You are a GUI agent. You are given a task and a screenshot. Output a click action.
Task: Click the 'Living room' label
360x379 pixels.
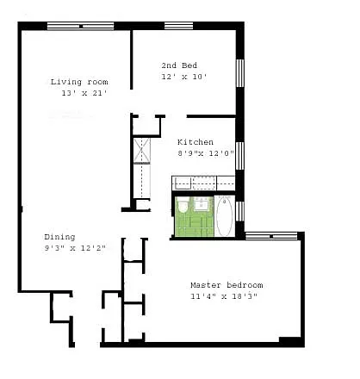pyautogui.click(x=79, y=82)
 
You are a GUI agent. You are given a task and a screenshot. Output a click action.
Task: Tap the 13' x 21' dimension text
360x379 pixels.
pyautogui.click(x=84, y=93)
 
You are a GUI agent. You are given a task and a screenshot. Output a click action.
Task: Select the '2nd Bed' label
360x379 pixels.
pyautogui.click(x=179, y=65)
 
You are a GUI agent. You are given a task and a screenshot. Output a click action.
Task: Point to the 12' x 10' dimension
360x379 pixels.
pyautogui.click(x=184, y=77)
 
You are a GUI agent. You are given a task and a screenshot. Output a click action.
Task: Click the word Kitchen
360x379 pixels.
pyautogui.click(x=196, y=142)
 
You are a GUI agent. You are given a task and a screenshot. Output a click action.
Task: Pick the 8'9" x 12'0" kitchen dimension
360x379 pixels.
pyautogui.click(x=206, y=153)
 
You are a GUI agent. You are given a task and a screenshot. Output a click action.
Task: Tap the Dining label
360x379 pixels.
pyautogui.click(x=59, y=238)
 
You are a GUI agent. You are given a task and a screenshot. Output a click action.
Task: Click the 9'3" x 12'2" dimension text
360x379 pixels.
pyautogui.click(x=75, y=248)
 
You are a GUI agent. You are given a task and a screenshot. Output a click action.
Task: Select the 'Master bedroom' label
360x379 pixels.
pyautogui.click(x=227, y=285)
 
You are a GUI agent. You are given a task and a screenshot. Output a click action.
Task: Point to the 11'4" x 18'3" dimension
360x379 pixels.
pyautogui.click(x=224, y=296)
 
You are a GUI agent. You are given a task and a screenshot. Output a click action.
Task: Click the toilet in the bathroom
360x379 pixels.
pyautogui.click(x=182, y=205)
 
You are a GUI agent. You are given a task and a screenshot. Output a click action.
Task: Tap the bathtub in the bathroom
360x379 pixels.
pyautogui.click(x=224, y=217)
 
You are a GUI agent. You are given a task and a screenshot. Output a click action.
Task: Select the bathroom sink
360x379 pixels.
pyautogui.click(x=202, y=203)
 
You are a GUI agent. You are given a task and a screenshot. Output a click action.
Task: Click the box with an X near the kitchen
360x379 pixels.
pyautogui.click(x=142, y=150)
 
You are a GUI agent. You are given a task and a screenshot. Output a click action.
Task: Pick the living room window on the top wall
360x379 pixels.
pyautogui.click(x=81, y=26)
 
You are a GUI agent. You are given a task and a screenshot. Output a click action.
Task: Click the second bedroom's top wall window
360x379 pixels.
pyautogui.click(x=178, y=26)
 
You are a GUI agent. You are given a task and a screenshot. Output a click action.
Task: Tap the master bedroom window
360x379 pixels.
pyautogui.click(x=271, y=236)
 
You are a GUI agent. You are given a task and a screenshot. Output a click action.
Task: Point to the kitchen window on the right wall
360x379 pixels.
pyautogui.click(x=239, y=156)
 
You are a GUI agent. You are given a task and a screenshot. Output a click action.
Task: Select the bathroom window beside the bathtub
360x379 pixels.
pyautogui.click(x=239, y=211)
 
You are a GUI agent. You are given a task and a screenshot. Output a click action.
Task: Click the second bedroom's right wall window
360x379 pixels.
pyautogui.click(x=240, y=73)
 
